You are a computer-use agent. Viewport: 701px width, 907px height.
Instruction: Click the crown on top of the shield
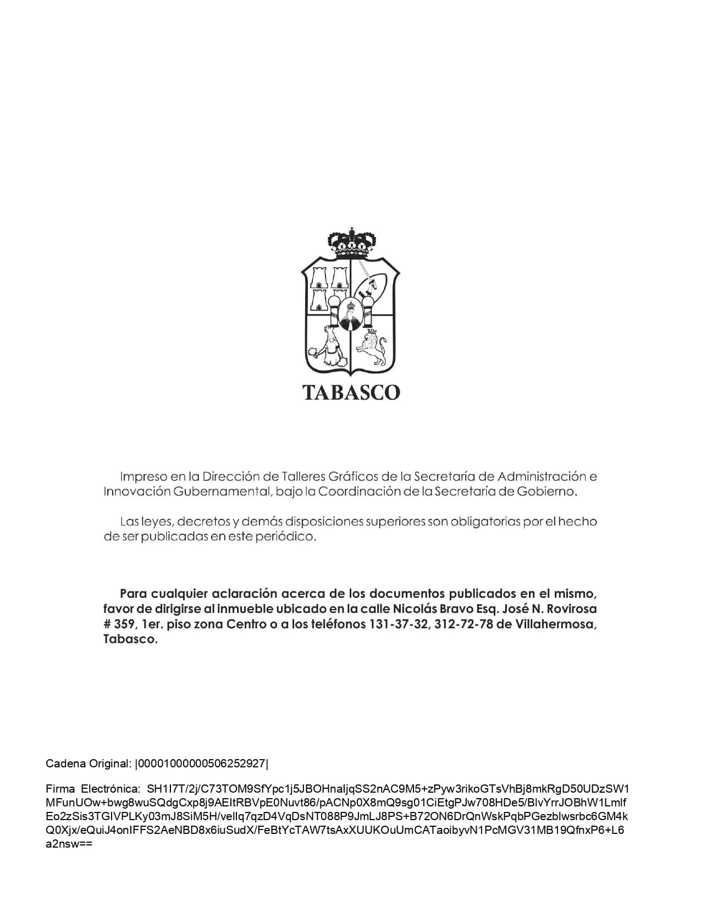tap(351, 242)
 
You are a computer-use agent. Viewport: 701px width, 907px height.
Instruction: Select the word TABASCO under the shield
tap(351, 392)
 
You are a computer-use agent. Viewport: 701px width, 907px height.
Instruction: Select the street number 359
tap(124, 624)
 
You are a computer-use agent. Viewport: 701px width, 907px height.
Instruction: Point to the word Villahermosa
tap(555, 624)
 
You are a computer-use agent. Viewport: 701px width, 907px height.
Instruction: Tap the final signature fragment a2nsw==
tap(69, 844)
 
